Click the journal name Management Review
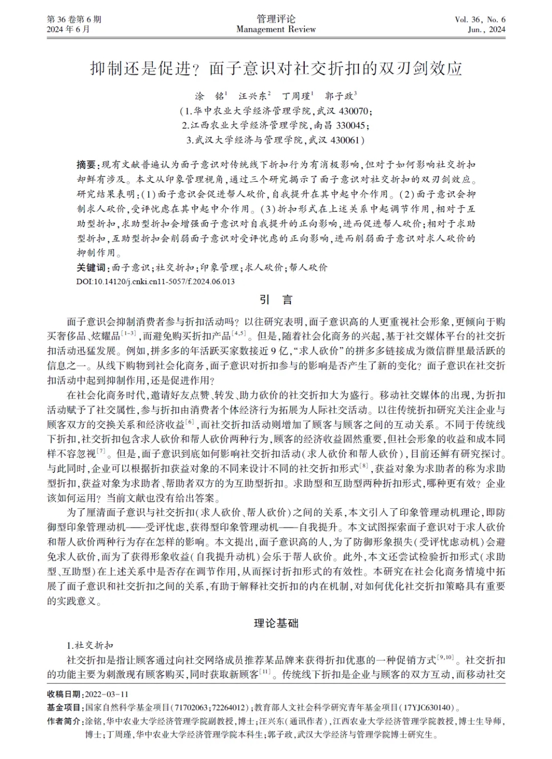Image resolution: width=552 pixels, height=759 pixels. pyautogui.click(x=276, y=30)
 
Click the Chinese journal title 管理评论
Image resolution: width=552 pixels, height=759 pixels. pyautogui.click(x=276, y=19)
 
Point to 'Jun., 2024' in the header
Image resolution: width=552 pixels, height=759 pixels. pyautogui.click(x=486, y=30)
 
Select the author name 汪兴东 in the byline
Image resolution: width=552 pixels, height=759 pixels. pyautogui.click(x=253, y=96)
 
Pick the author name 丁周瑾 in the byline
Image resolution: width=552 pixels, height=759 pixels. pyautogui.click(x=297, y=96)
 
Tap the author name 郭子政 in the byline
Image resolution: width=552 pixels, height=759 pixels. pyautogui.click(x=340, y=96)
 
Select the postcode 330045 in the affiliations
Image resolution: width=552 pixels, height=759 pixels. pyautogui.click(x=347, y=125)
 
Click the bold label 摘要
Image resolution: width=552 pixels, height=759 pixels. pyautogui.click(x=86, y=164)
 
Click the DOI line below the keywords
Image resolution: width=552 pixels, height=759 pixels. pyautogui.click(x=155, y=281)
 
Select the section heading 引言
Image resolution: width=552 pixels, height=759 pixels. pyautogui.click(x=276, y=300)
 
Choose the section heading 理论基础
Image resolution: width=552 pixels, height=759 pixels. pyautogui.click(x=276, y=623)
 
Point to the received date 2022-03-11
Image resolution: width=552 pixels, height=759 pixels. pyautogui.click(x=105, y=694)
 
